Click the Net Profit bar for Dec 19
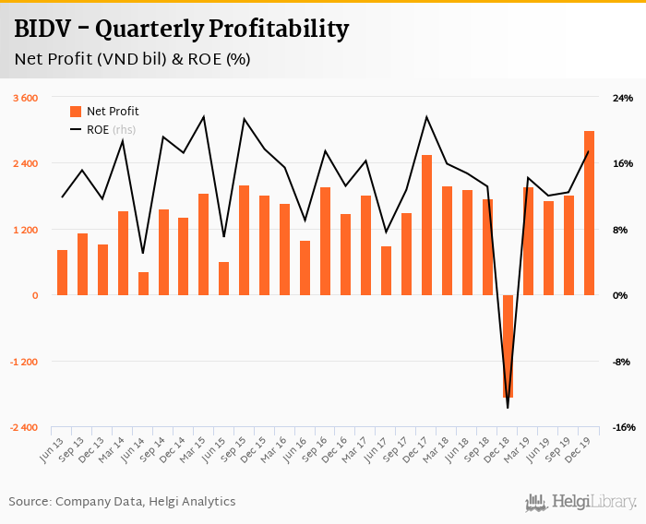[589, 213]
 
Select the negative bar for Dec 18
[508, 346]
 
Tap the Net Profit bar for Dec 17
[427, 225]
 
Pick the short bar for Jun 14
[143, 284]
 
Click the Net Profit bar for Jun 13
[63, 273]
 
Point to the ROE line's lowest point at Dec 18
[508, 407]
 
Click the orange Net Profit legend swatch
[76, 112]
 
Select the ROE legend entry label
[98, 130]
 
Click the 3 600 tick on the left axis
[25, 98]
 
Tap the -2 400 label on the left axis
[24, 428]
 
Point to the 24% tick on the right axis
[623, 98]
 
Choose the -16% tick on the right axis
[623, 428]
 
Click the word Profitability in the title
[278, 30]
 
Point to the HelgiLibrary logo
[581, 502]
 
